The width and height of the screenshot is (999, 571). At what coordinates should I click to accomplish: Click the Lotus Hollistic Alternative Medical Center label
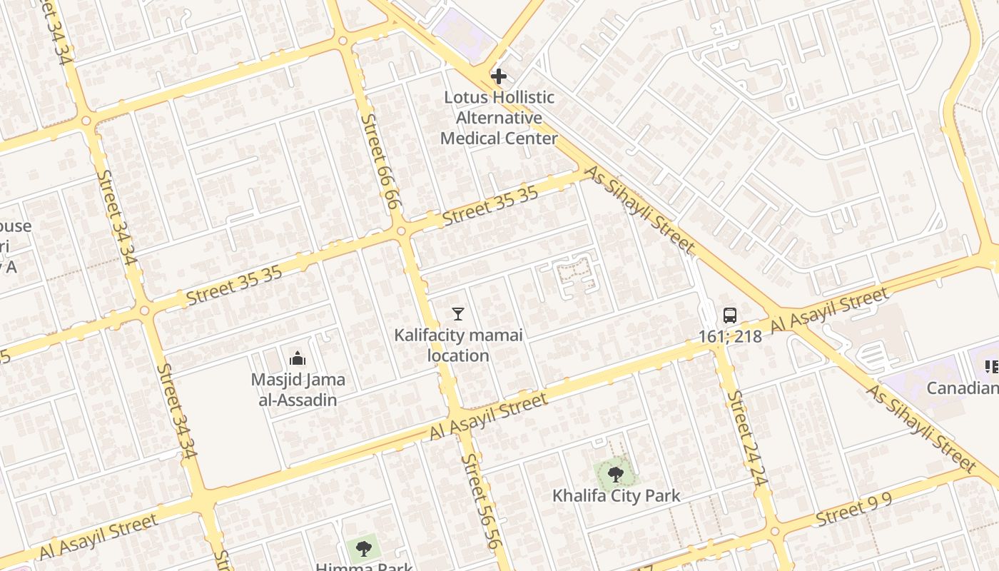(x=499, y=118)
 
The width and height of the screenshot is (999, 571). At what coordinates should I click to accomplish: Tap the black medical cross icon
(x=499, y=76)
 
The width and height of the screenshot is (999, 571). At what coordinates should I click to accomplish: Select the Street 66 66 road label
(x=379, y=161)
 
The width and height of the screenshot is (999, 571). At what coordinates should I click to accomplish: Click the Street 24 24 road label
(x=747, y=439)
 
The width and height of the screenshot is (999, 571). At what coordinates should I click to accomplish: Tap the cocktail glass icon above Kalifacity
(x=458, y=313)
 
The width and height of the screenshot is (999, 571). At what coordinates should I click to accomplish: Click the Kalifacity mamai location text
(x=458, y=345)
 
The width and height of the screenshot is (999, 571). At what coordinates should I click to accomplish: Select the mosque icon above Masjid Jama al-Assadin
(x=298, y=358)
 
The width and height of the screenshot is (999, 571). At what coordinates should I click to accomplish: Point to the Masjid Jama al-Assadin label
(x=298, y=390)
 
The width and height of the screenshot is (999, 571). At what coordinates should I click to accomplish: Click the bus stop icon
(x=729, y=315)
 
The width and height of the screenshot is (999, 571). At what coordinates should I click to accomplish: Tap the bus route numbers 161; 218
(x=730, y=336)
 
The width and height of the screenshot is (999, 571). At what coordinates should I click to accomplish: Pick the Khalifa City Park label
(x=617, y=495)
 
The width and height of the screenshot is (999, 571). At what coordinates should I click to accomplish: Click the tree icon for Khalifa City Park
(x=615, y=473)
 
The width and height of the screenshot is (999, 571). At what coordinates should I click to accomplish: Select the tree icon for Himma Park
(x=363, y=548)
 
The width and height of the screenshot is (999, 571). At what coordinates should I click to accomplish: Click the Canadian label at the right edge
(x=963, y=388)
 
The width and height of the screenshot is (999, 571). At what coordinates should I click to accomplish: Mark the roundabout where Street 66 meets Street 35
(x=401, y=231)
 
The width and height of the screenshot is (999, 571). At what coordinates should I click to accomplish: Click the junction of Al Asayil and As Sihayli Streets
(x=790, y=321)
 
